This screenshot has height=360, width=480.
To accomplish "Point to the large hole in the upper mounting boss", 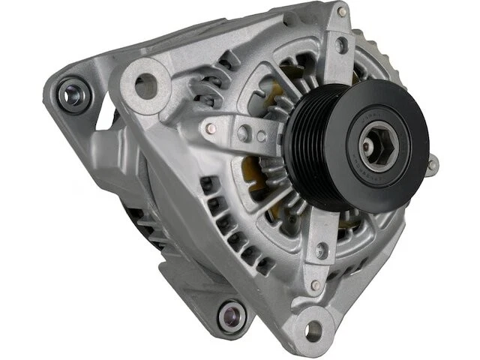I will click(144, 83).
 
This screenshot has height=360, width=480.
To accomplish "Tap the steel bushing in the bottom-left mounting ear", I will click(232, 315).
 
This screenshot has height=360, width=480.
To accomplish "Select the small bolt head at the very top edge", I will click(341, 12).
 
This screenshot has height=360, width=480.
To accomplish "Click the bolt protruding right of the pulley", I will click(432, 165).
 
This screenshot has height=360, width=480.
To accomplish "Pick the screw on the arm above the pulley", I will click(342, 45).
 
